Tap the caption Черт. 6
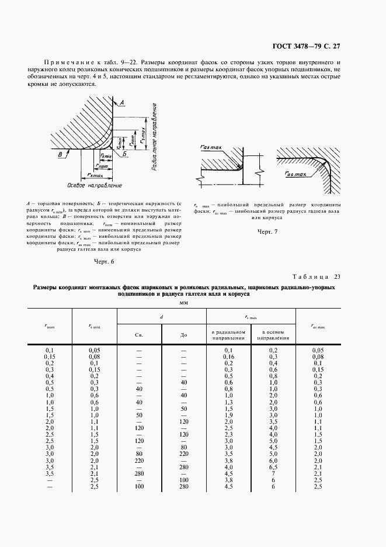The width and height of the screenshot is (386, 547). point(103,261)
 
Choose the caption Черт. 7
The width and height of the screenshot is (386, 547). point(267,232)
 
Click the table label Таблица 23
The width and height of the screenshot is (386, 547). point(316,276)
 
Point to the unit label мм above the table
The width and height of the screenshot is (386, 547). point(192,303)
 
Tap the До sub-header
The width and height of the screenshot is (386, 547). point(183,335)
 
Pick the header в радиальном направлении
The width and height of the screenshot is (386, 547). point(228,335)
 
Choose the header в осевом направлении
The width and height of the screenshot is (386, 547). point(273,335)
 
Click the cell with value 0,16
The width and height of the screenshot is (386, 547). point(228,356)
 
